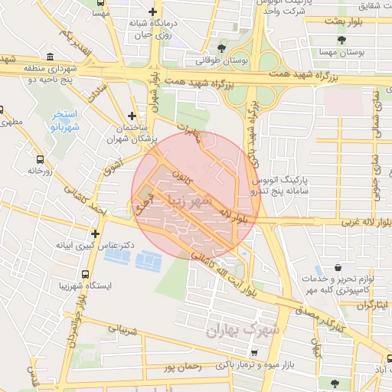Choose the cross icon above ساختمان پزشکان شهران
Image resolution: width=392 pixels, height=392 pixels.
tap(132, 116)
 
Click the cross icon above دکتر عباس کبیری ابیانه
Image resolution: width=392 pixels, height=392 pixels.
tap(95, 234)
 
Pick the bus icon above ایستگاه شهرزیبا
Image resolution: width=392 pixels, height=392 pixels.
tap(85, 273)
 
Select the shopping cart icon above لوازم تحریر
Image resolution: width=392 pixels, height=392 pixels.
tap(317, 270)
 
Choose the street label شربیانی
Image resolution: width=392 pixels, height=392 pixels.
tap(126, 332)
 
